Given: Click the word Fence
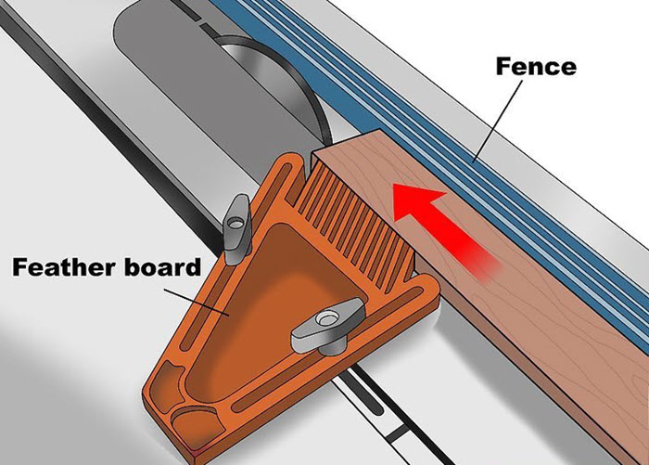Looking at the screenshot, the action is click(536, 66).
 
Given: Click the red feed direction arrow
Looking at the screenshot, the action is click(445, 229).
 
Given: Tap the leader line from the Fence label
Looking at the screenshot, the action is click(498, 120).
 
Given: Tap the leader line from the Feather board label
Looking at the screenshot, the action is click(197, 302).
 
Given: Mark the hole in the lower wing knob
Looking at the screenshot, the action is click(326, 319).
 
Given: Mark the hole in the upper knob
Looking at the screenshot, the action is click(236, 224).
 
